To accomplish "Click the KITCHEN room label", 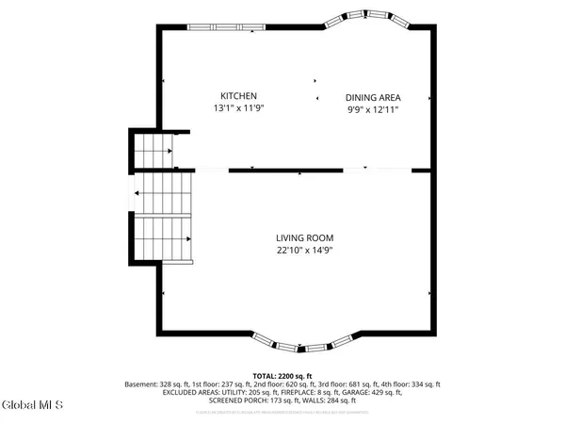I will point(238,96).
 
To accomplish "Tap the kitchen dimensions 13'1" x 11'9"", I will point(238,108).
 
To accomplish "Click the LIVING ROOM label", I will point(305,237).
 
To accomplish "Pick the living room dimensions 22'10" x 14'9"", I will point(305,250).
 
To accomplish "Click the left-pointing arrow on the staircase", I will point(140,194).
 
